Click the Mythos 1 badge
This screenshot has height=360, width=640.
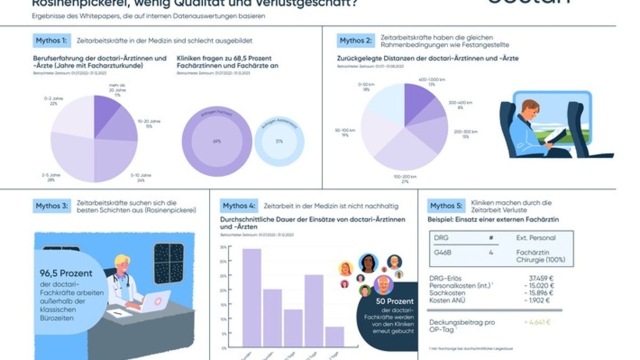(x=52, y=41)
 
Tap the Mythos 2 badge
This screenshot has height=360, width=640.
(x=356, y=41)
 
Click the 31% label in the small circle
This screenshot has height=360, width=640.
(x=279, y=141)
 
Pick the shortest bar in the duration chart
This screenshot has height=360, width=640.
(x=335, y=337)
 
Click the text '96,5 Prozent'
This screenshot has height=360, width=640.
(x=66, y=273)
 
